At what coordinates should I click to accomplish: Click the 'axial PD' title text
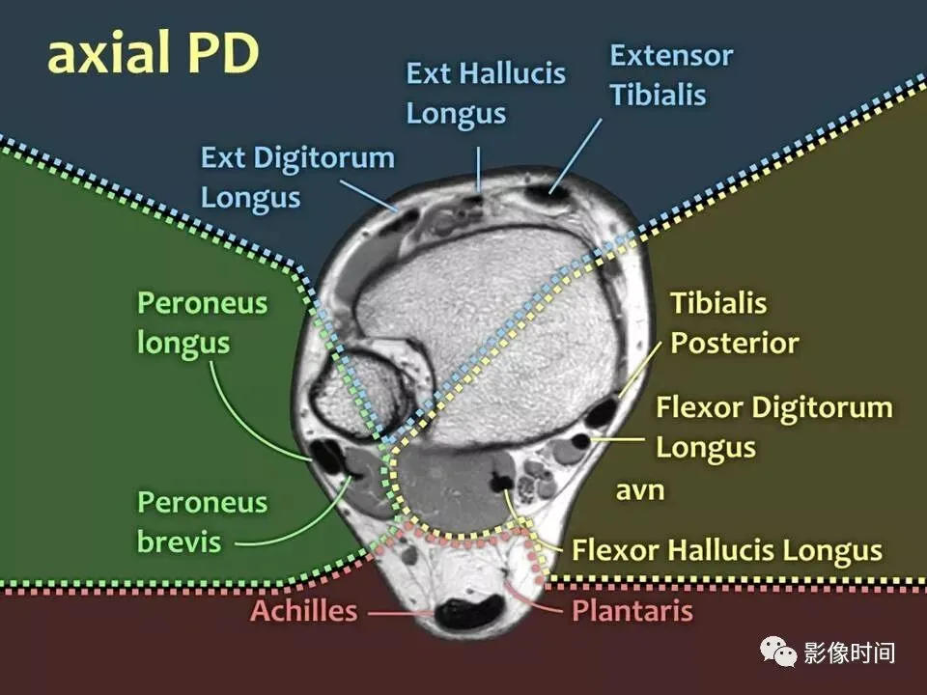(x=153, y=55)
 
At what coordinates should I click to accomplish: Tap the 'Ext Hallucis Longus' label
(x=485, y=93)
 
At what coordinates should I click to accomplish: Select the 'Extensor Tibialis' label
(x=670, y=75)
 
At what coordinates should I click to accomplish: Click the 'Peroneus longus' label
(x=202, y=323)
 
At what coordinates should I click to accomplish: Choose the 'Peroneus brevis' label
(x=202, y=521)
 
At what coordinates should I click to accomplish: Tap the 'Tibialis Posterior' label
(x=734, y=323)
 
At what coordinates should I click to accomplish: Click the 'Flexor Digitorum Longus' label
(x=773, y=427)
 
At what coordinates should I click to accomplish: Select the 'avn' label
(x=639, y=490)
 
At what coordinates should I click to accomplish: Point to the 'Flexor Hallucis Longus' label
(x=726, y=550)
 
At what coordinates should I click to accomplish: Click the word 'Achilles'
(x=303, y=611)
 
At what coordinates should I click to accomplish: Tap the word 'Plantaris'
(x=632, y=611)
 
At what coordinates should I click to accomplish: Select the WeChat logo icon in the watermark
(x=778, y=652)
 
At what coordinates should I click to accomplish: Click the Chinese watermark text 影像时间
(x=850, y=653)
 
